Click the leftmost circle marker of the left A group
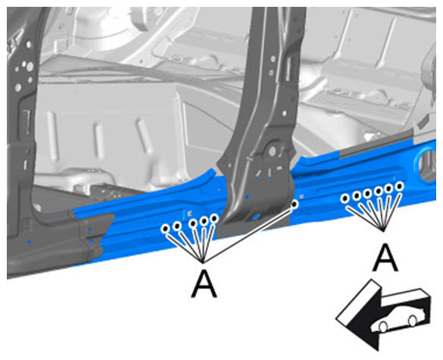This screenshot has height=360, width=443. click(166, 228)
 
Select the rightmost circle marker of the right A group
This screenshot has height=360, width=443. click(400, 186)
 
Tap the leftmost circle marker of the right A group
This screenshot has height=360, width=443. click(345, 199)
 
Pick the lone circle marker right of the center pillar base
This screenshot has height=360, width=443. click(295, 204)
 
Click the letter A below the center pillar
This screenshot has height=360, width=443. click(204, 283)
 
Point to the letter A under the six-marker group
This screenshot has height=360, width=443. click(385, 258)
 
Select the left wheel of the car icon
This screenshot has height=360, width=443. click(383, 327)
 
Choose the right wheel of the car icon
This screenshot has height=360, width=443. click(413, 321)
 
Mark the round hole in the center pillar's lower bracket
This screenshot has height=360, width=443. click(273, 151)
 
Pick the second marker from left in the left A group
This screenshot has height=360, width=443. click(177, 226)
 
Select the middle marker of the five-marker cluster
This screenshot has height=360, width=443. click(193, 224)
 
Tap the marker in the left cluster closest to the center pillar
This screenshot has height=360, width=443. click(214, 218)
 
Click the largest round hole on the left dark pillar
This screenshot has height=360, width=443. click(30, 67)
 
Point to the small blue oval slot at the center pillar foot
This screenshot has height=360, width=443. click(257, 217)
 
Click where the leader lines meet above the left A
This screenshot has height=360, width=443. click(203, 262)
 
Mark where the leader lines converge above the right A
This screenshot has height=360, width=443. click(383, 230)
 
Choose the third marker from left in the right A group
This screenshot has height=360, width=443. click(367, 194)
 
